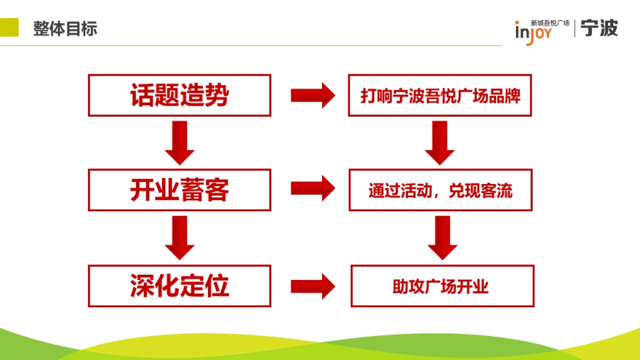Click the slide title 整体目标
click(x=65, y=28)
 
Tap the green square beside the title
click(x=9, y=27)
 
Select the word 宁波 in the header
click(x=599, y=28)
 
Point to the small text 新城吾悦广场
click(x=550, y=23)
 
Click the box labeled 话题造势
click(x=180, y=95)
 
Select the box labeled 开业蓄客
click(x=180, y=190)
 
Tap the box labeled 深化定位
click(x=180, y=286)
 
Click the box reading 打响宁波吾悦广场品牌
click(x=440, y=95)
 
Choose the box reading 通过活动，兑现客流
click(x=441, y=190)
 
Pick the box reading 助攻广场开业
click(x=442, y=286)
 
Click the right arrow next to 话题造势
click(x=312, y=95)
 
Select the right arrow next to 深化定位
click(x=312, y=286)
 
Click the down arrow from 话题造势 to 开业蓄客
click(x=180, y=142)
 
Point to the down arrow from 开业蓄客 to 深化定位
click(x=180, y=237)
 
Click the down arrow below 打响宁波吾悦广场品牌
click(x=439, y=142)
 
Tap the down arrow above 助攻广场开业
click(x=442, y=237)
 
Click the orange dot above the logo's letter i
click(x=517, y=23)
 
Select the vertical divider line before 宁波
click(x=575, y=29)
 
